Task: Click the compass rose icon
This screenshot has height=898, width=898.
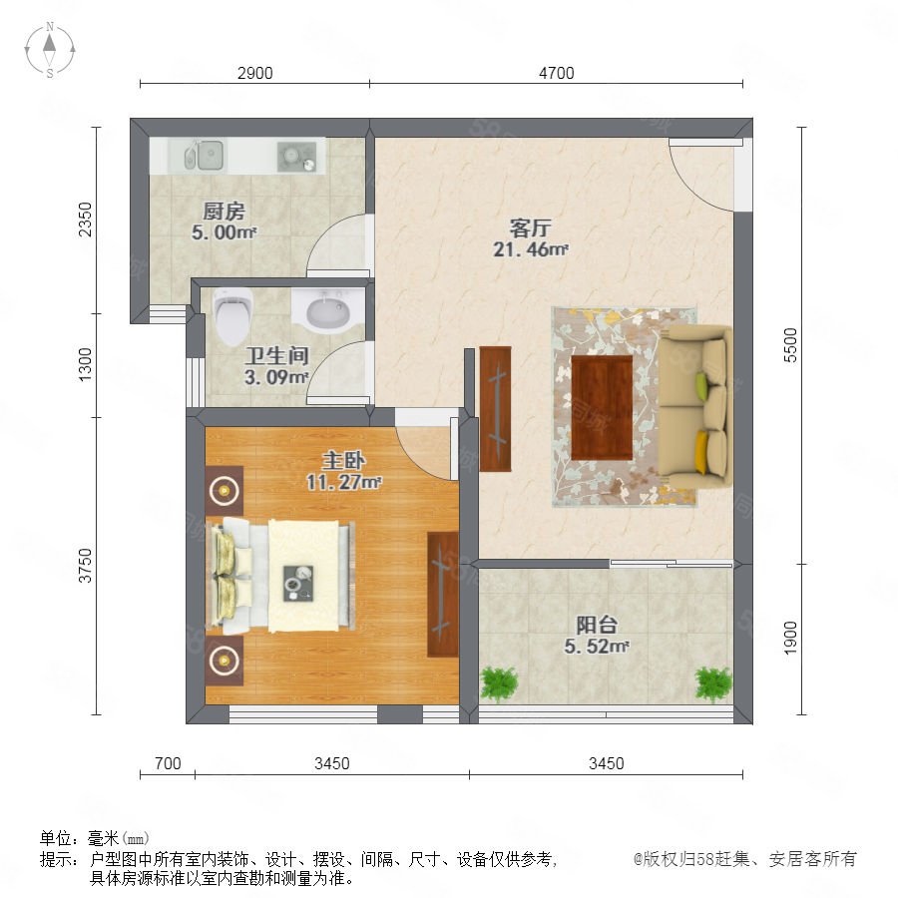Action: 50,49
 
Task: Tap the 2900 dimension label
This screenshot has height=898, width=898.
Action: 254,73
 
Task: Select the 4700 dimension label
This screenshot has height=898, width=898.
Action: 556,73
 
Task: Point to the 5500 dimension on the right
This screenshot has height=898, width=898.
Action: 790,345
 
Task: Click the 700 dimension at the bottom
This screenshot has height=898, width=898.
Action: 168,763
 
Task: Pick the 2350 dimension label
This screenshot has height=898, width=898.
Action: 86,220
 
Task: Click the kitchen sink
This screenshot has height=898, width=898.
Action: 204,155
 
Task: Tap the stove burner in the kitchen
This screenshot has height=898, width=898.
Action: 296,157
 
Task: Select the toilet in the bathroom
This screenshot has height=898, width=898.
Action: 232,316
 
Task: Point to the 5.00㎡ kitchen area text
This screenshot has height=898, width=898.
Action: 224,232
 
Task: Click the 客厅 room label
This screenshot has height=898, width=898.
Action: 531,227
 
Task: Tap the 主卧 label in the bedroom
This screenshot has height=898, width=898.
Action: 343,460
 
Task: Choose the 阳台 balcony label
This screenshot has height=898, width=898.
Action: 597,625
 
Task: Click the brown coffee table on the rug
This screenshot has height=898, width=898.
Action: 602,407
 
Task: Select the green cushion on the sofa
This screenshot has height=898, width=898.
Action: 701,382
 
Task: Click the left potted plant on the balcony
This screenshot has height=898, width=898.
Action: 500,683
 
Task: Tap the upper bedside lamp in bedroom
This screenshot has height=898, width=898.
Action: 224,490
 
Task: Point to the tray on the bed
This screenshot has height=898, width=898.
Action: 297,583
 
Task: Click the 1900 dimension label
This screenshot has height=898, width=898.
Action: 790,638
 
